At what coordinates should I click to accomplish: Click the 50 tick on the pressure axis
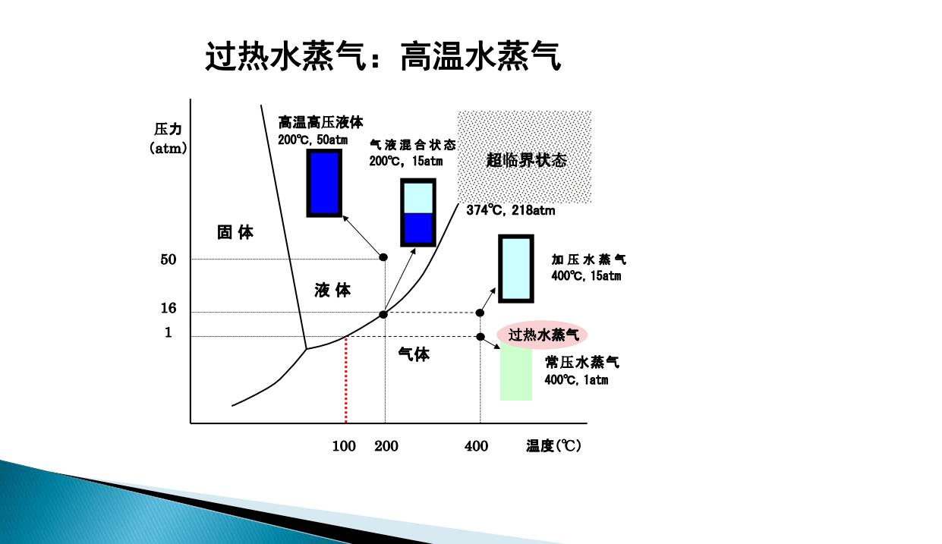click(169, 259)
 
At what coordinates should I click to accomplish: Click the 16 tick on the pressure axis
click(169, 308)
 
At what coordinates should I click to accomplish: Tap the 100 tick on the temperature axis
click(344, 446)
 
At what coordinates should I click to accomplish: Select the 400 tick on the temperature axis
click(476, 446)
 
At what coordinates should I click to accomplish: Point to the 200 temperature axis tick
click(386, 446)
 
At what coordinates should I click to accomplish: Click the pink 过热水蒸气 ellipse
click(542, 335)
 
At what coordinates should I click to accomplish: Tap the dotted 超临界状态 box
click(525, 157)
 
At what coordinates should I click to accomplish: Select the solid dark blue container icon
click(324, 184)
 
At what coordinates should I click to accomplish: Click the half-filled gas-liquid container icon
click(418, 212)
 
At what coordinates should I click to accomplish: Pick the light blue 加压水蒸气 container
click(516, 269)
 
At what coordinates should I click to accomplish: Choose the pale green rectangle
click(516, 371)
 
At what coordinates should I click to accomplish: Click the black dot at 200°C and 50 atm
click(383, 257)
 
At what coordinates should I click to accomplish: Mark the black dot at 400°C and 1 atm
click(480, 337)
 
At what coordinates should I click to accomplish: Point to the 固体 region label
click(235, 232)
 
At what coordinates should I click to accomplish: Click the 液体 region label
click(332, 291)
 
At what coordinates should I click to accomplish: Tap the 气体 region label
click(414, 355)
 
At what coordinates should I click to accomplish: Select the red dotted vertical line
click(346, 379)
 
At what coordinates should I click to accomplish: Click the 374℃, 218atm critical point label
click(511, 210)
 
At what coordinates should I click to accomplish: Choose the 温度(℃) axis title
click(553, 446)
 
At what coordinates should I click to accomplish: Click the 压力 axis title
click(168, 129)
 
